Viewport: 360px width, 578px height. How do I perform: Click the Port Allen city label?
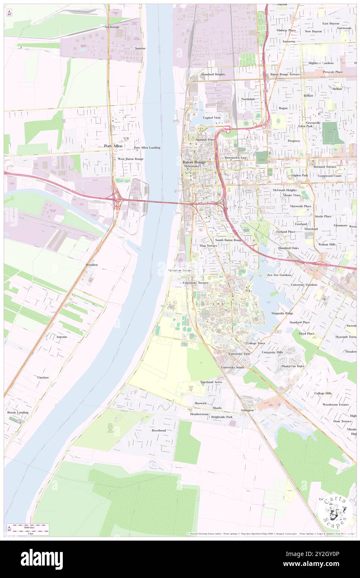click(x=113, y=146)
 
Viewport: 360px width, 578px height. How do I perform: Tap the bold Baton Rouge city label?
click(x=195, y=161)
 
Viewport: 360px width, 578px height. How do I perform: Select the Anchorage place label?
click(x=112, y=27)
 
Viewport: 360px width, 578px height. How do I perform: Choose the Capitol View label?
click(x=212, y=118)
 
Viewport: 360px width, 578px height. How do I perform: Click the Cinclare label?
click(x=43, y=378)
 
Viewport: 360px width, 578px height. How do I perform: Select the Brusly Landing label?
click(x=18, y=413)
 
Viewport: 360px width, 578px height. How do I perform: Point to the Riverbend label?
click(x=158, y=430)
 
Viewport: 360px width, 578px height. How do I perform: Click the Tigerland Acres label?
click(x=211, y=382)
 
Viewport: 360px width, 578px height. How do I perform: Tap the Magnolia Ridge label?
click(x=282, y=313)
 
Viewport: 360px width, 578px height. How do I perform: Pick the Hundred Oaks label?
click(x=288, y=248)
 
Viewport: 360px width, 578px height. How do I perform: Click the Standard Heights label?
click(x=213, y=74)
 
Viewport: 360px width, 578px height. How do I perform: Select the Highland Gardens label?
click(x=321, y=63)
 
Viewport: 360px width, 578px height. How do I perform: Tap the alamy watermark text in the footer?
click(x=42, y=559)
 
